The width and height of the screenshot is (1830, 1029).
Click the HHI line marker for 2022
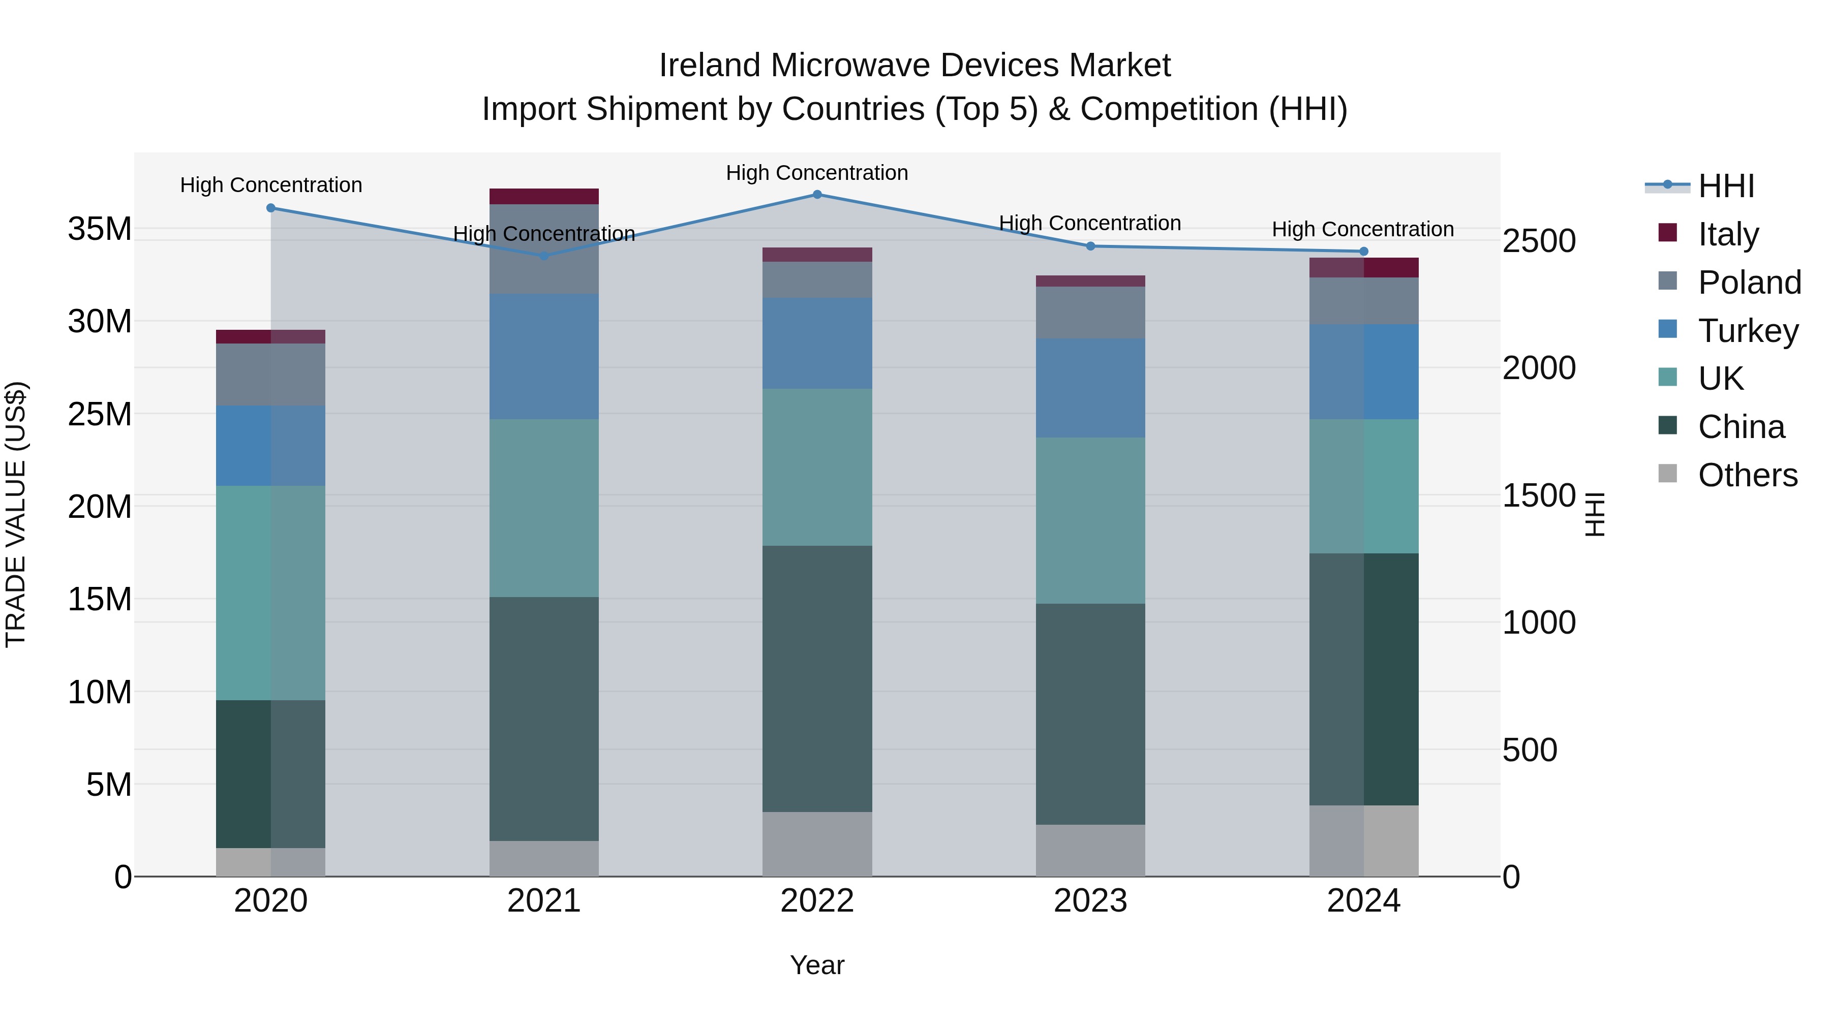[817, 195]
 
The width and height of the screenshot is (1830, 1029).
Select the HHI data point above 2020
[270, 208]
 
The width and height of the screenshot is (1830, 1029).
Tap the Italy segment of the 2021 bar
[543, 197]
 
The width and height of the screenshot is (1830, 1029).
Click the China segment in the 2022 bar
[817, 678]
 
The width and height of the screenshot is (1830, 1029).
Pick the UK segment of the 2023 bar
[1090, 520]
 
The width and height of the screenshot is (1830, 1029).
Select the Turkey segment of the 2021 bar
[543, 357]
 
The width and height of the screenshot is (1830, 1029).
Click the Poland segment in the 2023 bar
[1090, 313]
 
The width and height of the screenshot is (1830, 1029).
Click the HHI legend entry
[1726, 186]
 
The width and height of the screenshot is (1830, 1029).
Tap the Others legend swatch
[1667, 474]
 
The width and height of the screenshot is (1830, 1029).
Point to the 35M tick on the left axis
[100, 229]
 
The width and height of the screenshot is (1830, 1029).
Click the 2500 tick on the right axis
[1539, 241]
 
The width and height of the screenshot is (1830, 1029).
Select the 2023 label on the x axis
[1090, 901]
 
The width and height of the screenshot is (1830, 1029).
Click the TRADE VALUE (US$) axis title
[16, 514]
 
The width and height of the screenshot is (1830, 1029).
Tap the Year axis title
[817, 965]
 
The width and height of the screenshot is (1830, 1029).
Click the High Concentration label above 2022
[817, 173]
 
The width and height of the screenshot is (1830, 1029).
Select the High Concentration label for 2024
[1362, 229]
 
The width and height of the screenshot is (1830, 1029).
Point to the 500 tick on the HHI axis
[1530, 750]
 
